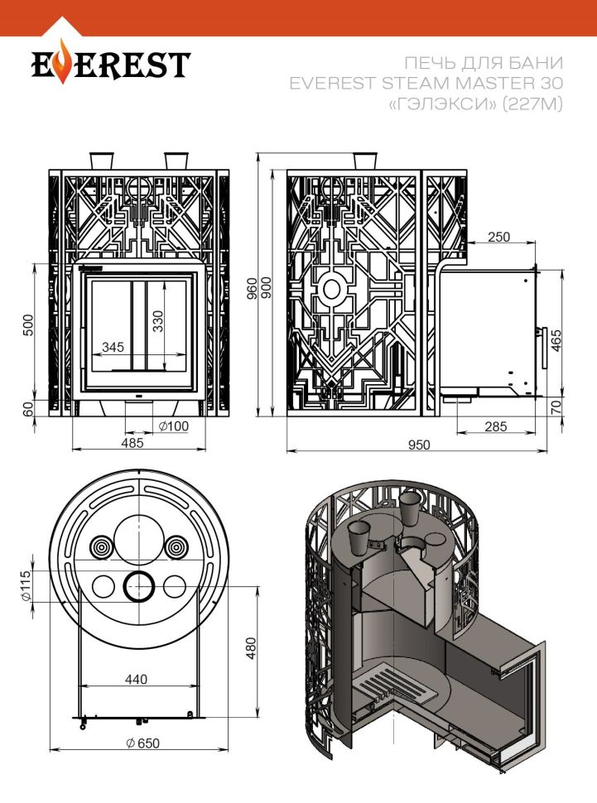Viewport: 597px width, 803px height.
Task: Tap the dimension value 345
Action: (x=113, y=347)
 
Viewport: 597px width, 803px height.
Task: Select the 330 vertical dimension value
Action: (x=158, y=321)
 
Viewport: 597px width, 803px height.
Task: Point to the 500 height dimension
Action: (x=28, y=325)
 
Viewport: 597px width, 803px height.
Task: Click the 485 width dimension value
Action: (x=132, y=442)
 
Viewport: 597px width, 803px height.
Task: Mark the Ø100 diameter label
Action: (x=173, y=426)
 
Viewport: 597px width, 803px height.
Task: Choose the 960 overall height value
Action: (x=252, y=289)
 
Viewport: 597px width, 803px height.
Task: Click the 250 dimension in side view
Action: (x=498, y=237)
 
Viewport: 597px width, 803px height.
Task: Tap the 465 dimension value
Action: (x=556, y=340)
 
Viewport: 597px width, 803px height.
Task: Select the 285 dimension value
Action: (x=495, y=426)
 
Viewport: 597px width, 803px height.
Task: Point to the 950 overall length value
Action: (x=419, y=445)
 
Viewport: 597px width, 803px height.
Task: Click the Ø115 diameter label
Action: (x=26, y=586)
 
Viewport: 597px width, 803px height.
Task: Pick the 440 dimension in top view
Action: (x=136, y=679)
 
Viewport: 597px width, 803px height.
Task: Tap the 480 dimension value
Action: (x=251, y=648)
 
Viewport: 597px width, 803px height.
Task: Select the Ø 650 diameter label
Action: (x=143, y=743)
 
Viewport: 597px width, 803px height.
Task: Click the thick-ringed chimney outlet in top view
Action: (x=138, y=586)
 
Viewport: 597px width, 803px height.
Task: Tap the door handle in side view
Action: (x=542, y=348)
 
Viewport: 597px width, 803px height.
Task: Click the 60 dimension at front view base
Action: (x=28, y=408)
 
